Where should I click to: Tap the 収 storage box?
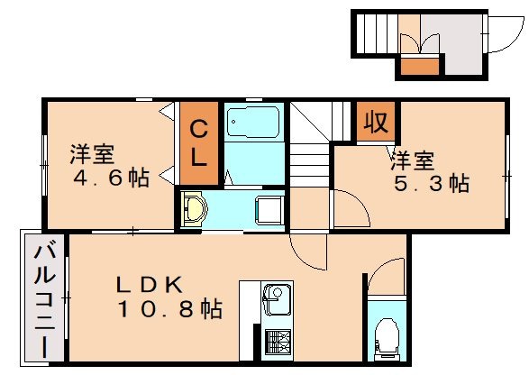pyautogui.click(x=376, y=123)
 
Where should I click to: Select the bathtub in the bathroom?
pyautogui.click(x=252, y=123)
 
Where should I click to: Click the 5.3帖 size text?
pyautogui.click(x=431, y=185)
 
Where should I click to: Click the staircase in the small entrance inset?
pyautogui.click(x=374, y=35)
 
